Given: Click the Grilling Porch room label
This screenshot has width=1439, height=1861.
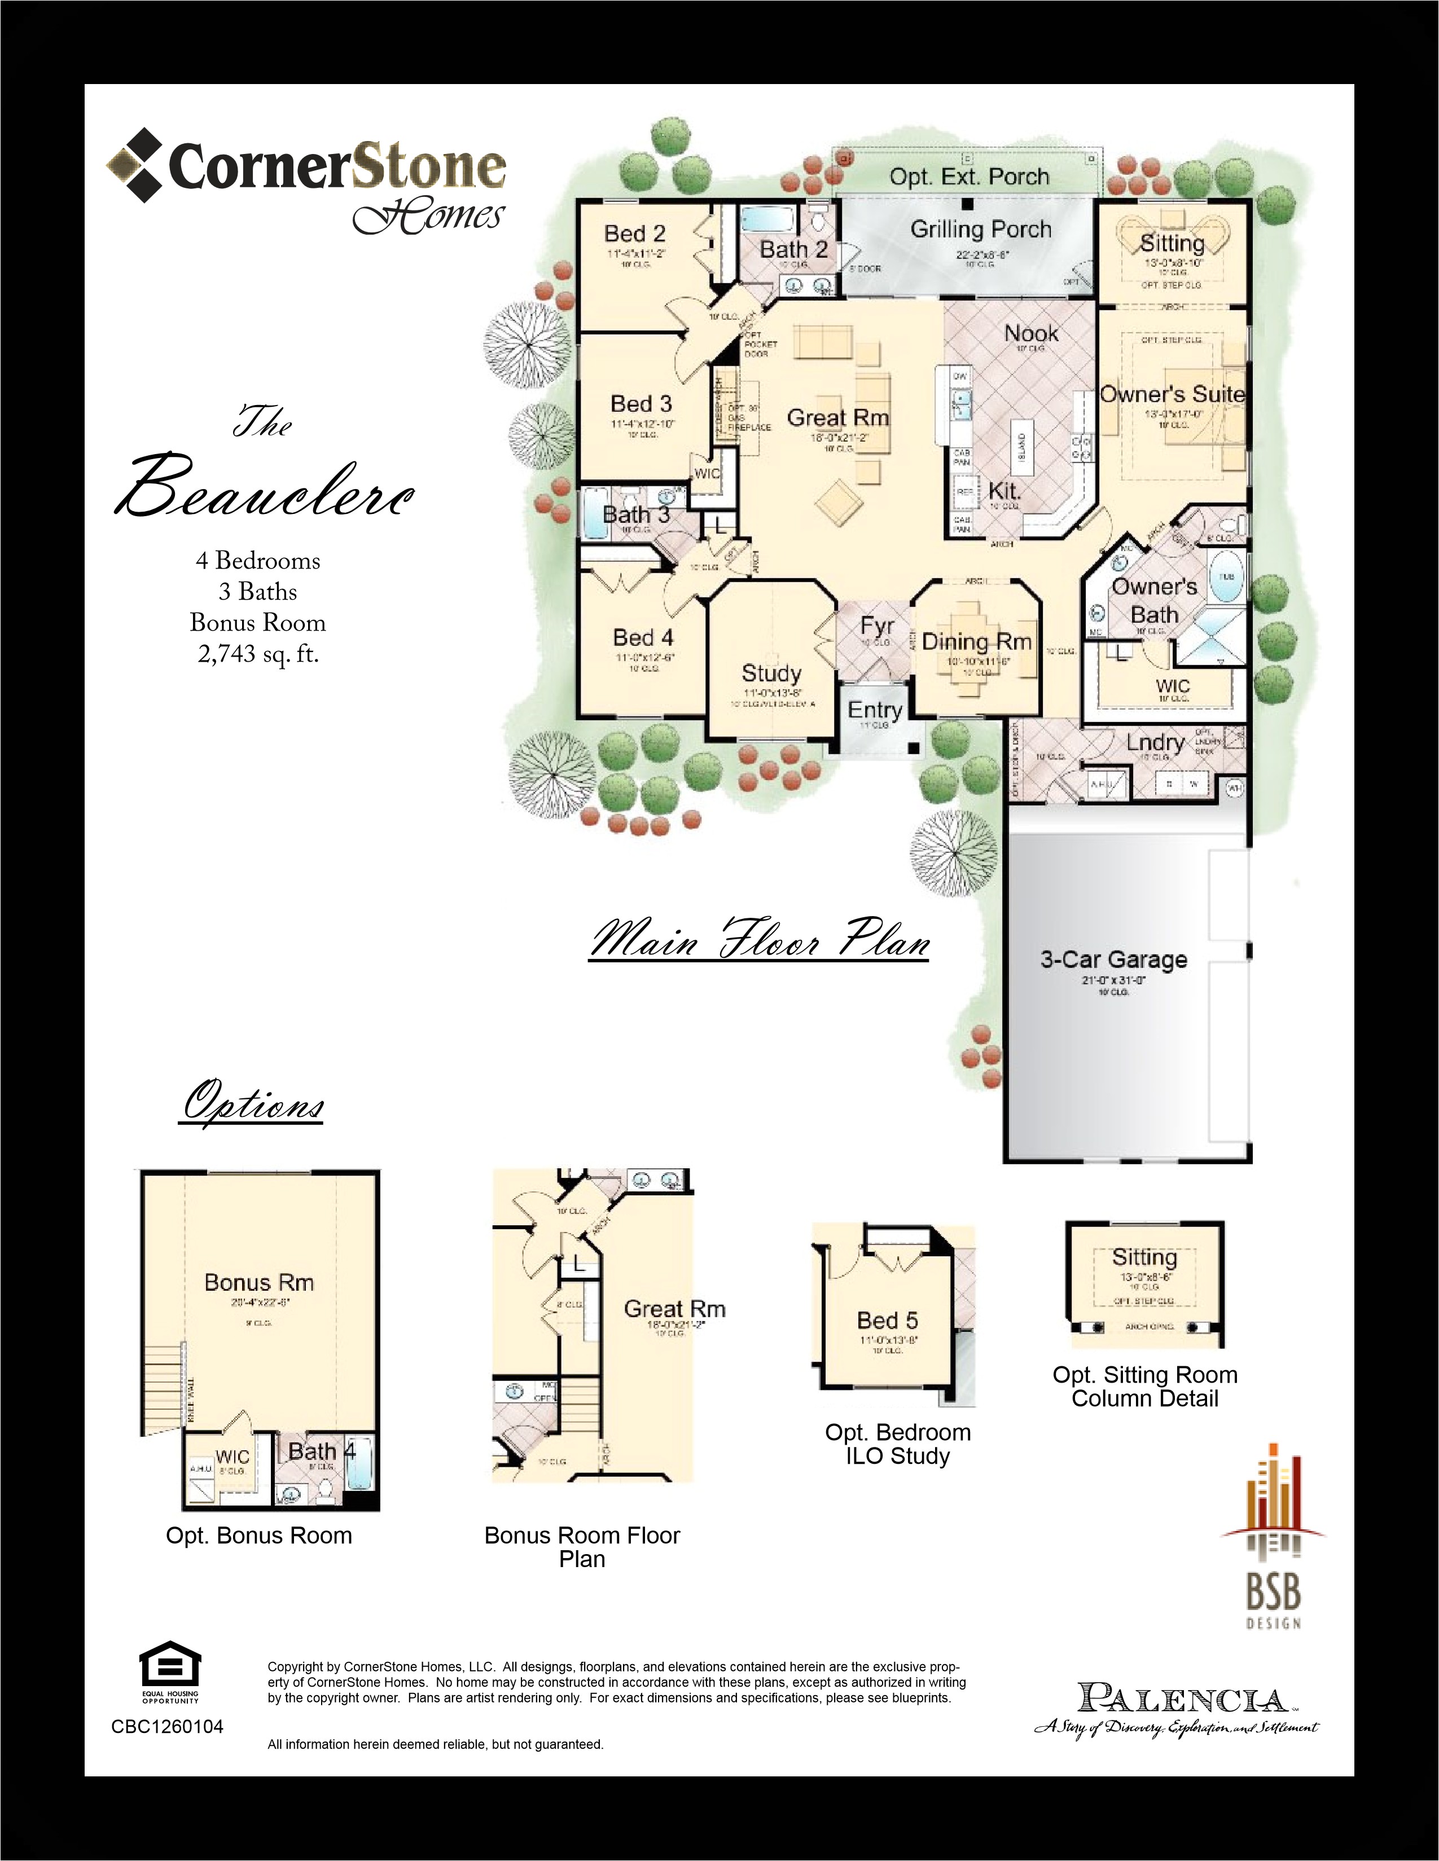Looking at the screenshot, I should pyautogui.click(x=980, y=229).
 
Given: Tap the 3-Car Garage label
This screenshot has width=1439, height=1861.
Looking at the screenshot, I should pyautogui.click(x=1113, y=960).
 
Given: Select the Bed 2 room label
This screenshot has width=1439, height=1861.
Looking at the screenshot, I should pyautogui.click(x=634, y=234).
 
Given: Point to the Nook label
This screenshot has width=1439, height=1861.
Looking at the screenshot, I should pyautogui.click(x=1030, y=333).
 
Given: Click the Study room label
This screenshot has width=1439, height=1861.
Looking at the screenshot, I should pyautogui.click(x=771, y=673).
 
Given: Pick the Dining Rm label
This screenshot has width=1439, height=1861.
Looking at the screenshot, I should pyautogui.click(x=976, y=641).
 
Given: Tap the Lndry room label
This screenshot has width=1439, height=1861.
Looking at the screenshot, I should pyautogui.click(x=1155, y=742).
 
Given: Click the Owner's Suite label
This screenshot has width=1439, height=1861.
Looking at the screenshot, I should pyautogui.click(x=1172, y=394).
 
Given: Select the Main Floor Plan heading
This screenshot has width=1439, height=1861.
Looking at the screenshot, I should pyautogui.click(x=758, y=942).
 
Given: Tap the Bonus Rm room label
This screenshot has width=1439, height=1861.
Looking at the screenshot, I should pyautogui.click(x=259, y=1282).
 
